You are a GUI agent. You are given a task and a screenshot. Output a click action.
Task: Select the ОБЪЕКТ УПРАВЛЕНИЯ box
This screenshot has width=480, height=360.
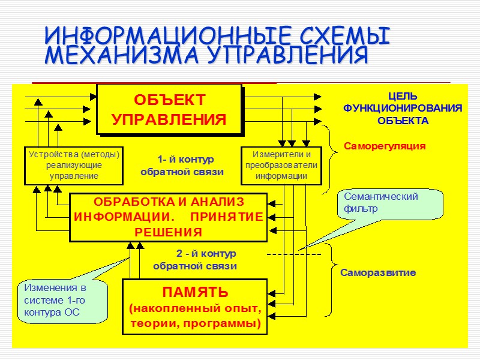pos(169,109)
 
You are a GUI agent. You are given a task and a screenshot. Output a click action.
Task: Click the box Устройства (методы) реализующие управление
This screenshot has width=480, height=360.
pos(74,165)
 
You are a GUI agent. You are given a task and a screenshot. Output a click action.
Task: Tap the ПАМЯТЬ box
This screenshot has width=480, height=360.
pos(195,307)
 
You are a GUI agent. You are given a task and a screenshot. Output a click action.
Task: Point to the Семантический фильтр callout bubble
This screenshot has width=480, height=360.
pos(390,204)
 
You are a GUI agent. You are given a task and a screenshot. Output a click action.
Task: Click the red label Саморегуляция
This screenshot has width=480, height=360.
pos(384,146)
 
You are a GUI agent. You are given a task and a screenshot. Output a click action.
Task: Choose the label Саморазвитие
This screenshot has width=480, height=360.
pos(378,272)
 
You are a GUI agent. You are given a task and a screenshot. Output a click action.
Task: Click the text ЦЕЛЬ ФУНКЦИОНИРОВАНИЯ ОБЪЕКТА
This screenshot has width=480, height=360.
pos(403,109)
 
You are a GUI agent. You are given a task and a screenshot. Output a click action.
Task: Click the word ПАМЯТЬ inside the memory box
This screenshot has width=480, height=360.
pos(195,293)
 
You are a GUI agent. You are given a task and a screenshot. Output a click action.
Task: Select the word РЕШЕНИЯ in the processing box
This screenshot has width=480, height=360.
pos(168,232)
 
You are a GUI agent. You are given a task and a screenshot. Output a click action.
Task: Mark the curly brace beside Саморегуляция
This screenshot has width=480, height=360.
pos(326,159)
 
